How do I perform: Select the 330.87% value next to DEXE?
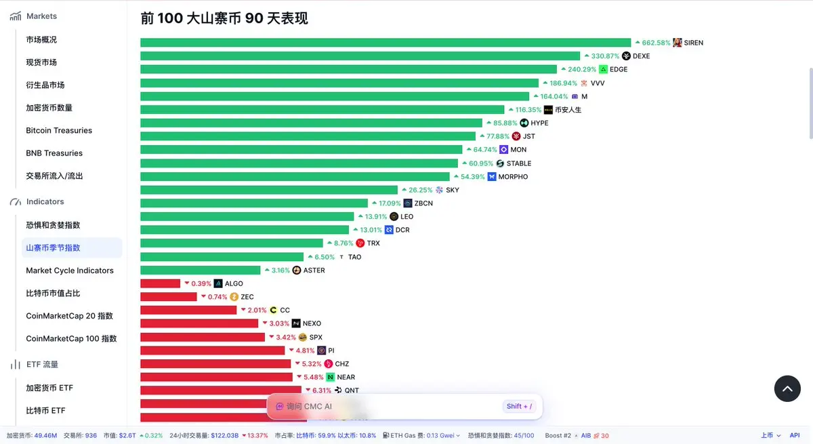click(605, 56)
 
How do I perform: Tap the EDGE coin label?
click(619, 69)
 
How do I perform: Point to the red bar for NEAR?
click(216, 377)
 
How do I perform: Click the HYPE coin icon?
click(524, 123)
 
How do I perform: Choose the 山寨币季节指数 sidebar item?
click(53, 247)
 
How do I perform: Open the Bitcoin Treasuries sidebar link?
click(59, 130)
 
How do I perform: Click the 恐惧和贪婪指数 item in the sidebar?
click(53, 225)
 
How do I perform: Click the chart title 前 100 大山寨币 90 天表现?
click(224, 18)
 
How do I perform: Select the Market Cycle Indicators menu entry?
click(70, 270)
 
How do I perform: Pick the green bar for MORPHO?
click(294, 176)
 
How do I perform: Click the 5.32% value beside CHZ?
click(312, 364)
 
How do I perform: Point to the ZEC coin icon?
click(234, 297)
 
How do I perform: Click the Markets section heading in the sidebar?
click(41, 16)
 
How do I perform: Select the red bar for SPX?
click(202, 337)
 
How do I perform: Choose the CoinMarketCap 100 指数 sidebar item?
click(71, 338)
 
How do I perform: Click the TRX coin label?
click(373, 243)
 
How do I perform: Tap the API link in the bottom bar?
click(795, 435)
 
